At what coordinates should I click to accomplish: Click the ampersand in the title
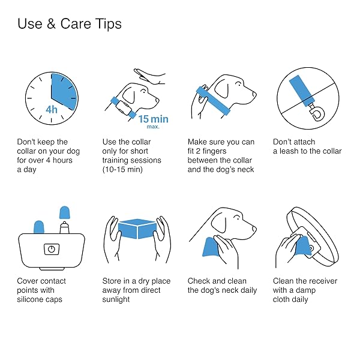(51, 24)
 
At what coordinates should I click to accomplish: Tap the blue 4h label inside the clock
(52, 110)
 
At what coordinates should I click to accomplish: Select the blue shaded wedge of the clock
(64, 91)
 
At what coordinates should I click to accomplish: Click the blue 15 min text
(153, 119)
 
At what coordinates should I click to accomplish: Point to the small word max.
(153, 127)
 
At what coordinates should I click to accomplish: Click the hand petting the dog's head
(149, 76)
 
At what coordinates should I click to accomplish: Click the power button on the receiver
(52, 249)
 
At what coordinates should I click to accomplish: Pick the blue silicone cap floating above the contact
(65, 212)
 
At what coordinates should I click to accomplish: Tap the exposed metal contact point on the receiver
(64, 228)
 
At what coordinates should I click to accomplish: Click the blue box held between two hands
(137, 229)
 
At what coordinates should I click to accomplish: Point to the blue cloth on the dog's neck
(211, 247)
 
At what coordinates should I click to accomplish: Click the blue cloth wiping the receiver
(303, 245)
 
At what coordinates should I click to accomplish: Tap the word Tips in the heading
(108, 24)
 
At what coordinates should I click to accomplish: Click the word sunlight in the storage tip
(116, 299)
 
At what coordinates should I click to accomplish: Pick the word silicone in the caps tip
(30, 299)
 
